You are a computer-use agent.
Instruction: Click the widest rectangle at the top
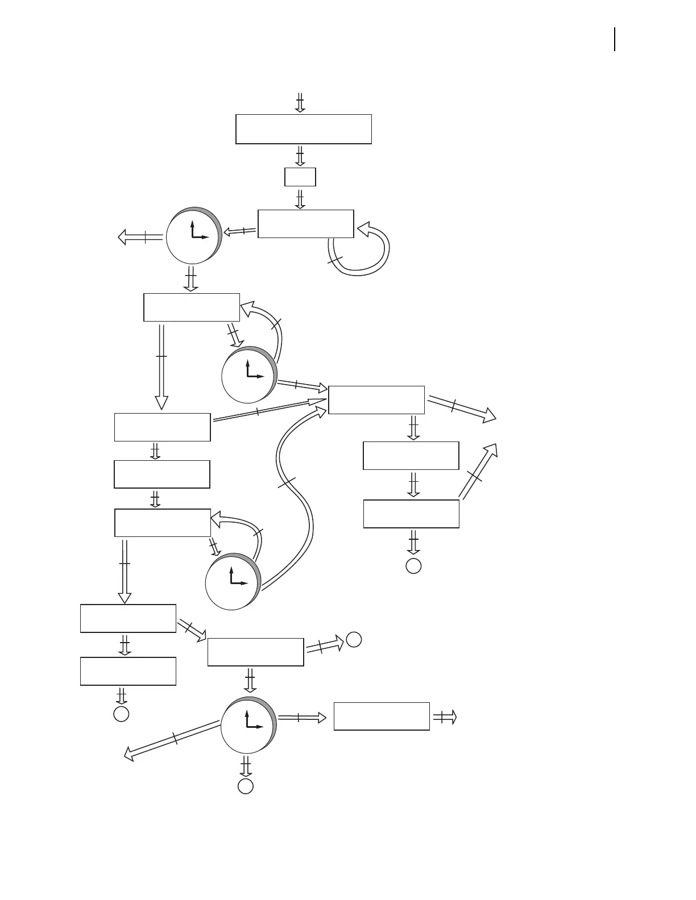tap(304, 129)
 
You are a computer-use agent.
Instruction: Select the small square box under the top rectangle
tap(300, 177)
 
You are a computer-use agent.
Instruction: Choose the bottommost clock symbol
tap(248, 726)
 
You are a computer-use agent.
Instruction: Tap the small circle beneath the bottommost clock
tap(245, 786)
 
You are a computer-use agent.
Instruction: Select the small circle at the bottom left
tap(121, 714)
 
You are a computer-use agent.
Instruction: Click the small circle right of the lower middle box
tap(354, 639)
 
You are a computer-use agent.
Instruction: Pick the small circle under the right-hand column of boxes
tap(413, 566)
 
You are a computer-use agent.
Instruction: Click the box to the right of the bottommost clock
tap(382, 716)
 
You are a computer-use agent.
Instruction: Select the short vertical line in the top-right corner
tap(615, 40)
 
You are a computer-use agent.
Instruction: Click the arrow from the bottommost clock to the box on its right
tap(301, 718)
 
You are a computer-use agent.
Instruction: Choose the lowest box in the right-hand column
tap(411, 514)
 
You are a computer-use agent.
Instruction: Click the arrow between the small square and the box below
tap(300, 198)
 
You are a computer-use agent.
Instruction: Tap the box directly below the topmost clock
tap(192, 307)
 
